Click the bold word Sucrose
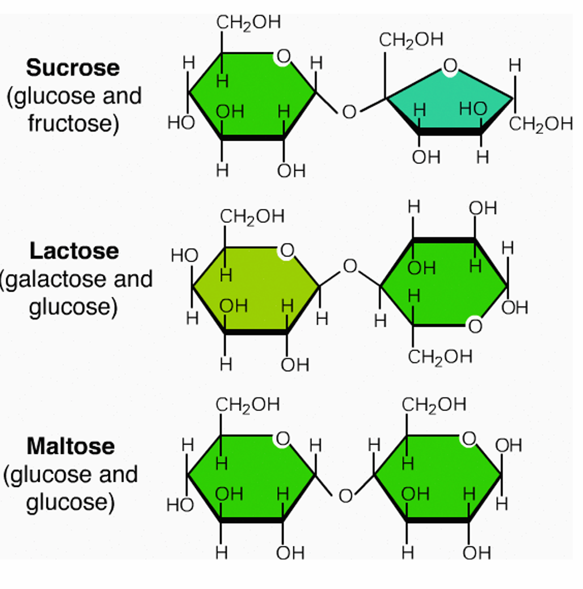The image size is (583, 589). (73, 68)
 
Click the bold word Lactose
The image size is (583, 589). (74, 251)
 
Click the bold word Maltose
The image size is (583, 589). (70, 446)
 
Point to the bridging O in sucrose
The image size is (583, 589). (349, 112)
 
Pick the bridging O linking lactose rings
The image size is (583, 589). (350, 266)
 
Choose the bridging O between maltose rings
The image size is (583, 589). (345, 496)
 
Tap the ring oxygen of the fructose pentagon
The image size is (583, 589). (450, 66)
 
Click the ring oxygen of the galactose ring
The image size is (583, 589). (287, 250)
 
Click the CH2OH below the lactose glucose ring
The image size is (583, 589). (440, 357)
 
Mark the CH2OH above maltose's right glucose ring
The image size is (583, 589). (434, 405)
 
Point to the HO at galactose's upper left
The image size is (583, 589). (184, 256)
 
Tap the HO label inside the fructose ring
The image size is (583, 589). (473, 109)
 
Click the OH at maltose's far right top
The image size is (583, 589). (508, 445)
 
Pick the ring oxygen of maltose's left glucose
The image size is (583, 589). (282, 439)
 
